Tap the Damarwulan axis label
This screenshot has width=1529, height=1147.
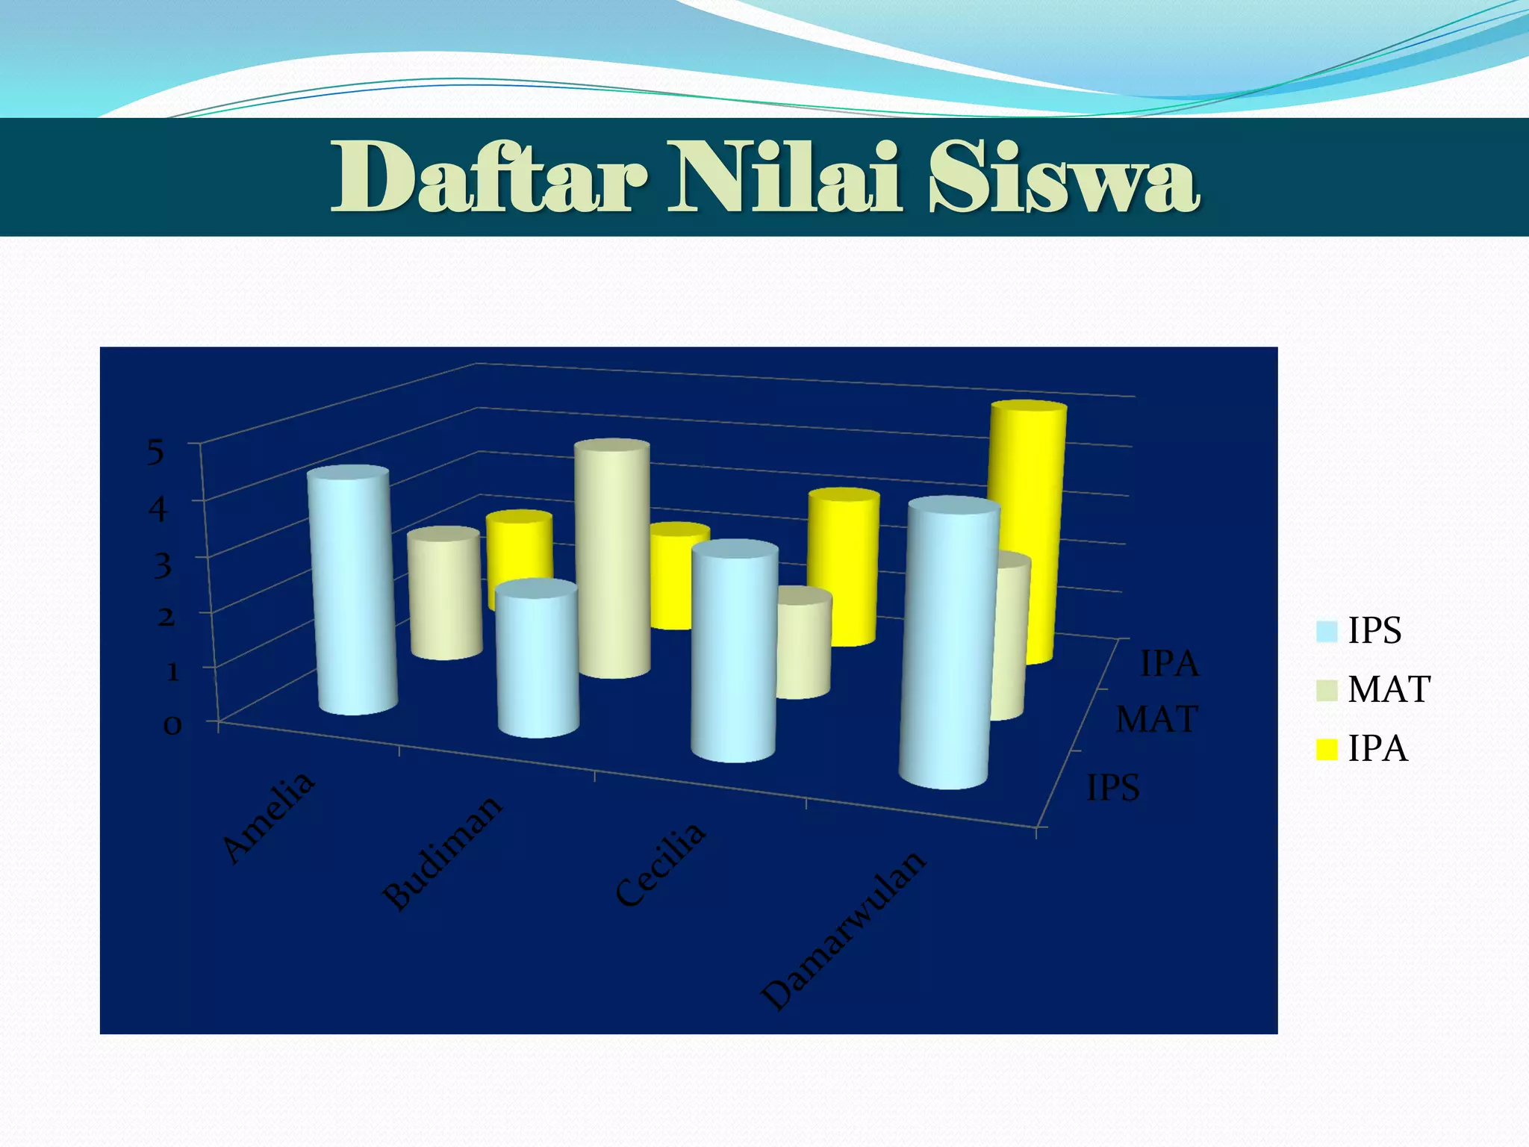(x=844, y=930)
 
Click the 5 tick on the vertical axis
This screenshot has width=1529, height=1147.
(x=155, y=452)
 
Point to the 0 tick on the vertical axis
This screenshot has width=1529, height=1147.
(x=172, y=725)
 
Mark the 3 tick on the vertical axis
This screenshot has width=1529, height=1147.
(x=162, y=565)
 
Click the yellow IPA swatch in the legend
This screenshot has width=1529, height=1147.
(x=1327, y=749)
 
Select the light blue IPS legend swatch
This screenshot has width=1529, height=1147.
(x=1327, y=631)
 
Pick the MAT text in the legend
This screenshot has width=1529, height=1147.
(x=1389, y=689)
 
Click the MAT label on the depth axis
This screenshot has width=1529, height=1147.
(x=1156, y=720)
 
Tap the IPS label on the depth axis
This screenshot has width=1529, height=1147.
(x=1112, y=788)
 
